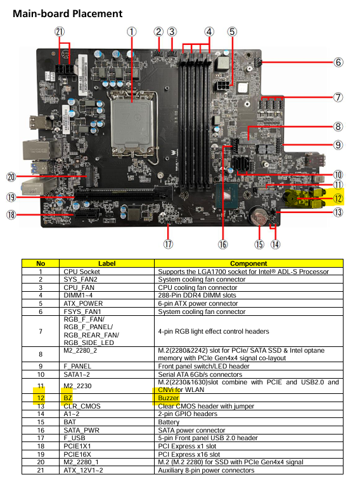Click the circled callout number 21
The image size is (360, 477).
(60, 32)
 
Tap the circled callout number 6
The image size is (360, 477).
(338, 62)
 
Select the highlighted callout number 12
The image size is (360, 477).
(338, 199)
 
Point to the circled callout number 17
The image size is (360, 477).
(168, 244)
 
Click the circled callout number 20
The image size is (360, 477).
(11, 177)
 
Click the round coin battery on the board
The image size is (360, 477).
(259, 216)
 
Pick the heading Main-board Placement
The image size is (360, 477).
(67, 14)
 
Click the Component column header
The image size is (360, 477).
(248, 263)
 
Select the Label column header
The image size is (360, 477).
(106, 263)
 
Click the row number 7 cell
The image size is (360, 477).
(41, 331)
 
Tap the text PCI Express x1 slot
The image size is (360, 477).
(187, 446)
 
